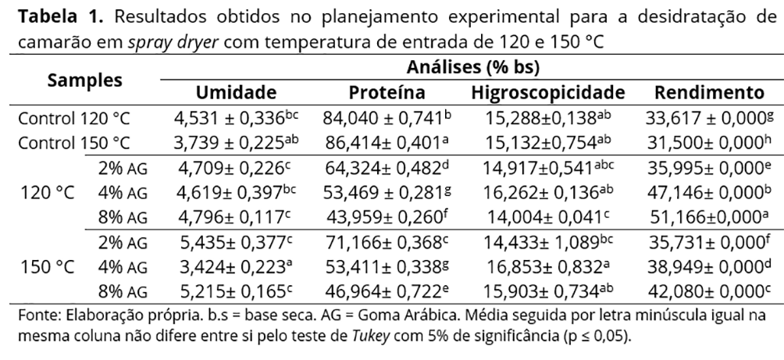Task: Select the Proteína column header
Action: coord(387,93)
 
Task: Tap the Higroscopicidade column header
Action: coord(547,93)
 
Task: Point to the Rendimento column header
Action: coord(709,93)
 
